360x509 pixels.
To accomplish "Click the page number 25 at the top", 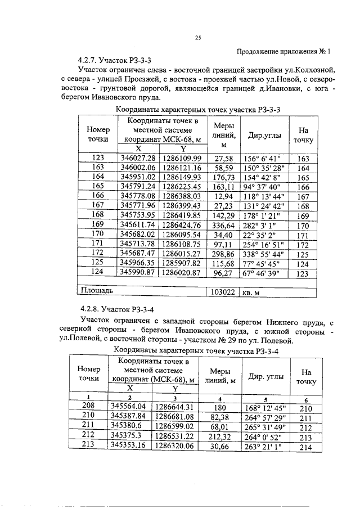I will click(197, 38).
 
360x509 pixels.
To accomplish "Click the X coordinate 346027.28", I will click(138, 159).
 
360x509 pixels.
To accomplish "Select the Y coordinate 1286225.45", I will click(182, 186).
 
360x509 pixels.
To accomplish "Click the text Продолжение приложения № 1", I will click(284, 50).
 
